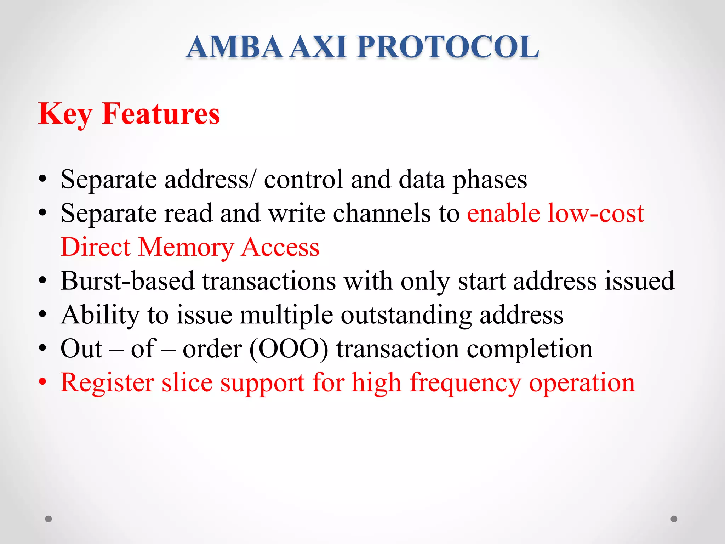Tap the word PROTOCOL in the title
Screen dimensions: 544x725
click(x=448, y=47)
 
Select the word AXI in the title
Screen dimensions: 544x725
click(x=318, y=47)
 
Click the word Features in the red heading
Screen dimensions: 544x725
click(x=161, y=114)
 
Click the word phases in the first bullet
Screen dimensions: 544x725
click(x=490, y=180)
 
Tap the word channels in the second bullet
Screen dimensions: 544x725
click(x=382, y=214)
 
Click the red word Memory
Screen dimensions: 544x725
click(x=186, y=247)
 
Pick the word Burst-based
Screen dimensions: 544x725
click(x=127, y=281)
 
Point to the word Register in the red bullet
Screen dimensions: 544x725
click(x=107, y=383)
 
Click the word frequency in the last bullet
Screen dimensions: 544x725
click(x=465, y=383)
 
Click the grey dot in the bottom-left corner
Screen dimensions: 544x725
click(x=48, y=519)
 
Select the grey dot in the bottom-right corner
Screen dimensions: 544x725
click(x=674, y=519)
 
